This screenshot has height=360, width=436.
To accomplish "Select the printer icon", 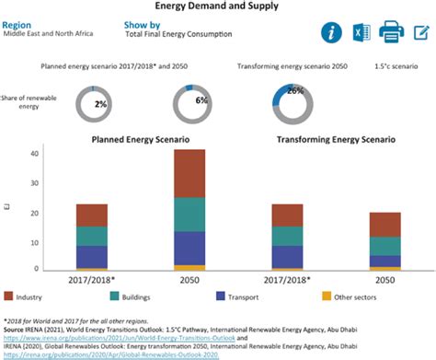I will coord(392,33).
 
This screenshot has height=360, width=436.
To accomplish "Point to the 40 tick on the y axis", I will coord(33,155).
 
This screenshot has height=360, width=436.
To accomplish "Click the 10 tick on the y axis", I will coord(33,241).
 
